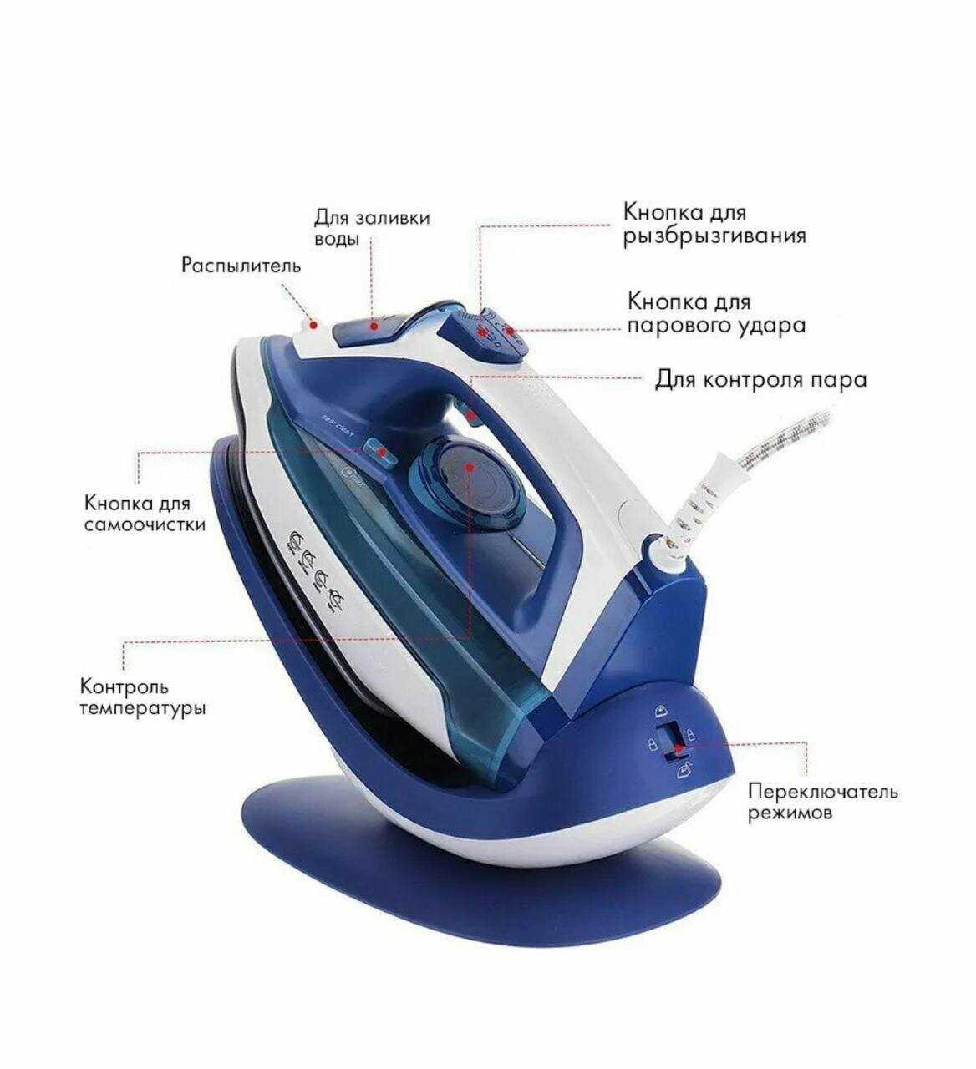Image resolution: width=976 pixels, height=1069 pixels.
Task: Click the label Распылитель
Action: (241, 266)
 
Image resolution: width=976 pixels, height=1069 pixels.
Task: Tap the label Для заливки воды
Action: (371, 227)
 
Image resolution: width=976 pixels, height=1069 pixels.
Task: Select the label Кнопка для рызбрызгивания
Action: (714, 225)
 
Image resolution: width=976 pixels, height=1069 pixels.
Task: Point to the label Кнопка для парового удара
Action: (716, 313)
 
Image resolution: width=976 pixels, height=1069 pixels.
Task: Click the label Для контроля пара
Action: (760, 380)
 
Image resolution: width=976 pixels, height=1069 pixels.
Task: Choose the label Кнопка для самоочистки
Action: (144, 514)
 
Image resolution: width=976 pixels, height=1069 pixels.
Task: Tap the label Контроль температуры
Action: (143, 697)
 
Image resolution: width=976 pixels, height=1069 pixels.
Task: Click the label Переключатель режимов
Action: (822, 801)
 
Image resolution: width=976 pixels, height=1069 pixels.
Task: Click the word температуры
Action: (143, 708)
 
